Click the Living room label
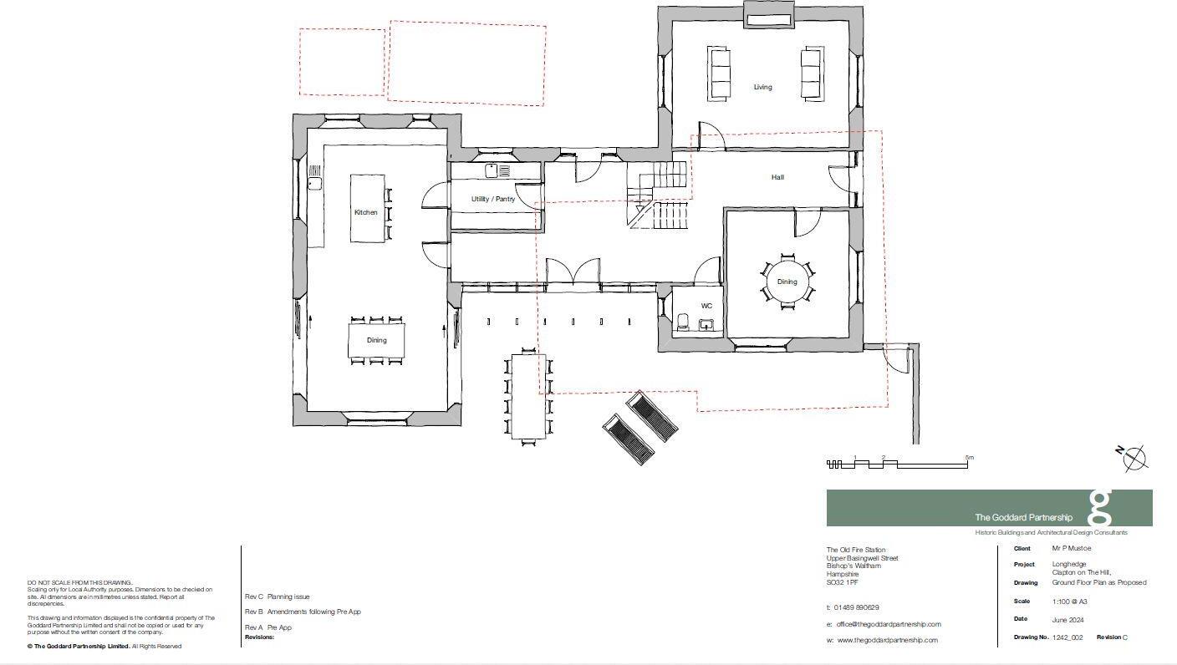[762, 87]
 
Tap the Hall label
[777, 177]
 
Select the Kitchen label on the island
[365, 212]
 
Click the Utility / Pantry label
[492, 199]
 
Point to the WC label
[706, 307]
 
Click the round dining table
[786, 282]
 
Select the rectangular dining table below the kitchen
[376, 340]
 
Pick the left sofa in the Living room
[719, 74]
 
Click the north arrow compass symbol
[1134, 459]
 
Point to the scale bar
[897, 464]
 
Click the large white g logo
[1101, 507]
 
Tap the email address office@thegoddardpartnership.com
[888, 624]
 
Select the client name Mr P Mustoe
[1072, 549]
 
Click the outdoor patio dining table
[528, 398]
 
